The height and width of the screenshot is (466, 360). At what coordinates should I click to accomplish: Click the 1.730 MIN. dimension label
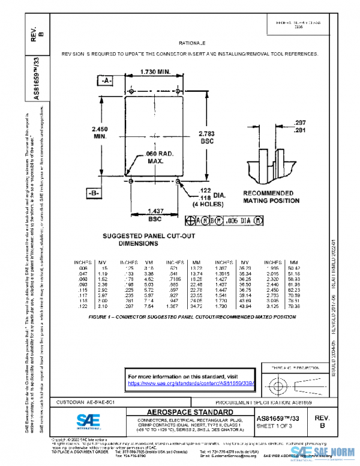click(155, 72)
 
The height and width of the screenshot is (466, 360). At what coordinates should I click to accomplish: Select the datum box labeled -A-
click(105, 80)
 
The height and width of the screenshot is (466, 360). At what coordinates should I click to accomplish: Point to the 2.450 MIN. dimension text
click(100, 132)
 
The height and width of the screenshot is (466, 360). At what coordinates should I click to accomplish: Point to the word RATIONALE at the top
click(192, 44)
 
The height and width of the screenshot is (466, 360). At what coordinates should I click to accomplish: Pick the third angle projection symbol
click(287, 382)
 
